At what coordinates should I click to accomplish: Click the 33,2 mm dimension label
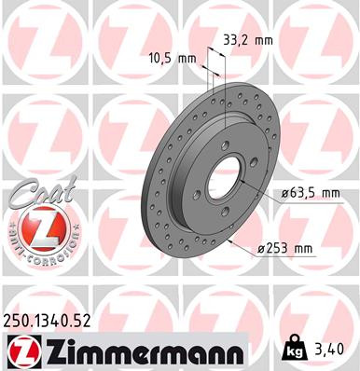click(247, 40)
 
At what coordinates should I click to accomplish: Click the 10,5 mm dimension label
click(173, 58)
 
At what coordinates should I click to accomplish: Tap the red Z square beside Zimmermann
click(22, 350)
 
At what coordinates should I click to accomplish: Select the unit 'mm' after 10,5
click(187, 58)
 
